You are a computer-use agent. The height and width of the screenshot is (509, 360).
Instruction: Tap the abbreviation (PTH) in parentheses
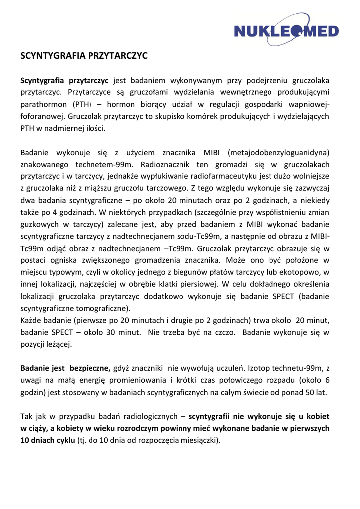click(x=87, y=105)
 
